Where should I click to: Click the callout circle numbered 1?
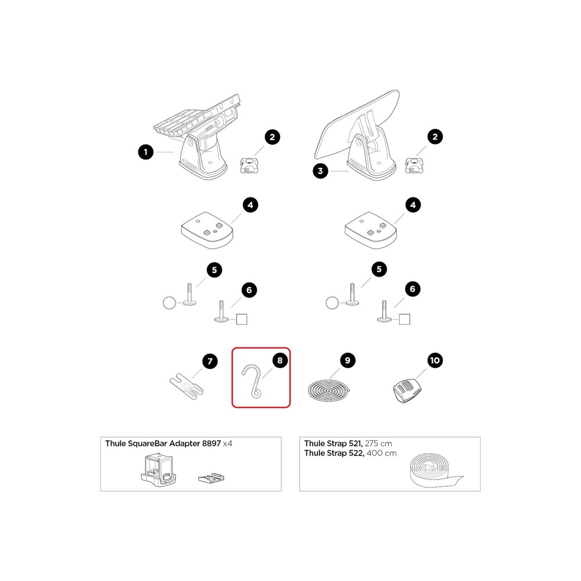[146, 152]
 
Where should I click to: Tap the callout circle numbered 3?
[320, 171]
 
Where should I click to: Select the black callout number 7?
[210, 361]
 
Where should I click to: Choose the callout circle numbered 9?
[347, 361]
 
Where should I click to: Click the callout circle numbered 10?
[434, 361]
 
